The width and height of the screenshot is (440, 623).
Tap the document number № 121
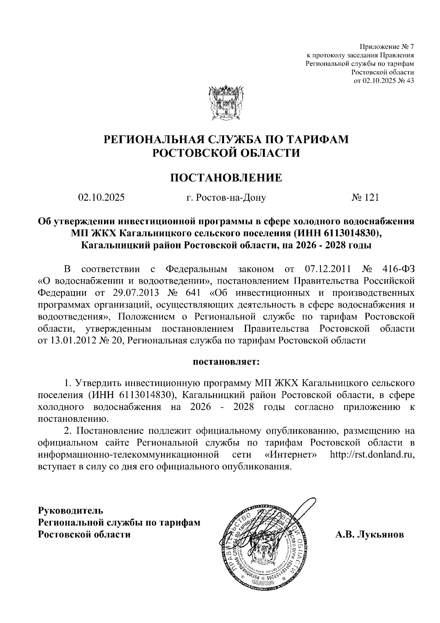click(365, 198)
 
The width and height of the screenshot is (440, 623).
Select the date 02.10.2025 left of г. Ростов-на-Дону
click(101, 198)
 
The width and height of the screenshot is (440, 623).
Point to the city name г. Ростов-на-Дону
click(226, 198)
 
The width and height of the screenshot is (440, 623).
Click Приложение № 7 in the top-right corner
click(386, 47)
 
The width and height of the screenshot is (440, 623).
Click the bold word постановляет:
click(226, 361)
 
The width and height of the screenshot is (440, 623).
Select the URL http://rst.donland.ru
click(372, 455)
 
